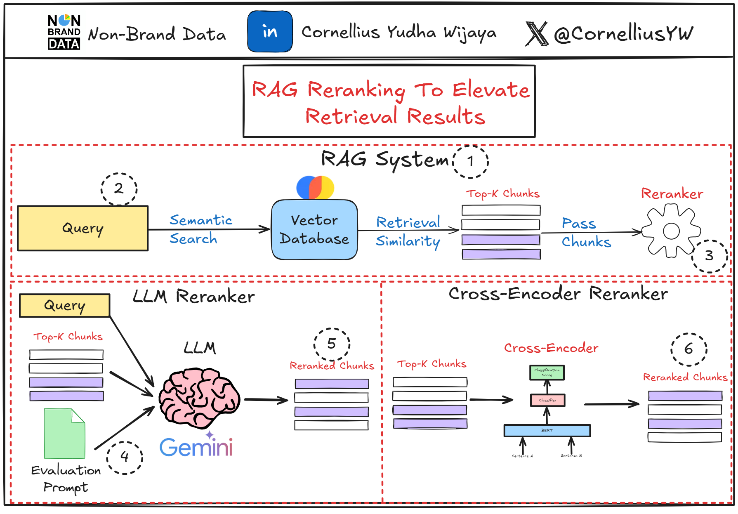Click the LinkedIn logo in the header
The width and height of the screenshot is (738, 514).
270,32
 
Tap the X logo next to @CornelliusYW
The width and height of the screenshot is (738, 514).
536,34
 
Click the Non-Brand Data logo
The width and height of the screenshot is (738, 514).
64,32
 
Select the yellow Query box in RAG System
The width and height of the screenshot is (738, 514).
83,228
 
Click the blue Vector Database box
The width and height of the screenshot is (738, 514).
314,229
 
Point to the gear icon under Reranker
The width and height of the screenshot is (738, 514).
671,231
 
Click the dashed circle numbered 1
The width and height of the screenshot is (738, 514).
471,161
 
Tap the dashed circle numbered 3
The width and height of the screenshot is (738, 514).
709,256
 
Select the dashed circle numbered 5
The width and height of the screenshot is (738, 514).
332,344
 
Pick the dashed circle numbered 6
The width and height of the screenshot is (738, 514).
688,349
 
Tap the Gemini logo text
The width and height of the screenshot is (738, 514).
196,447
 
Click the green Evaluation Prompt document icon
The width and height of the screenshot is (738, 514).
64,434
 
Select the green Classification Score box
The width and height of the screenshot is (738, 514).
547,373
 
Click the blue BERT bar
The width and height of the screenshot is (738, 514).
547,430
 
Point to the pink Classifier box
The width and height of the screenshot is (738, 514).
547,400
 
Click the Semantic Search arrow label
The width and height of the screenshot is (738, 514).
200,229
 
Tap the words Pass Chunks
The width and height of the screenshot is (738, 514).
586,232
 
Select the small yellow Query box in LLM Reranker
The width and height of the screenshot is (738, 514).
65,306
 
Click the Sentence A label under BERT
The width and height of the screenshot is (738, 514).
522,456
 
